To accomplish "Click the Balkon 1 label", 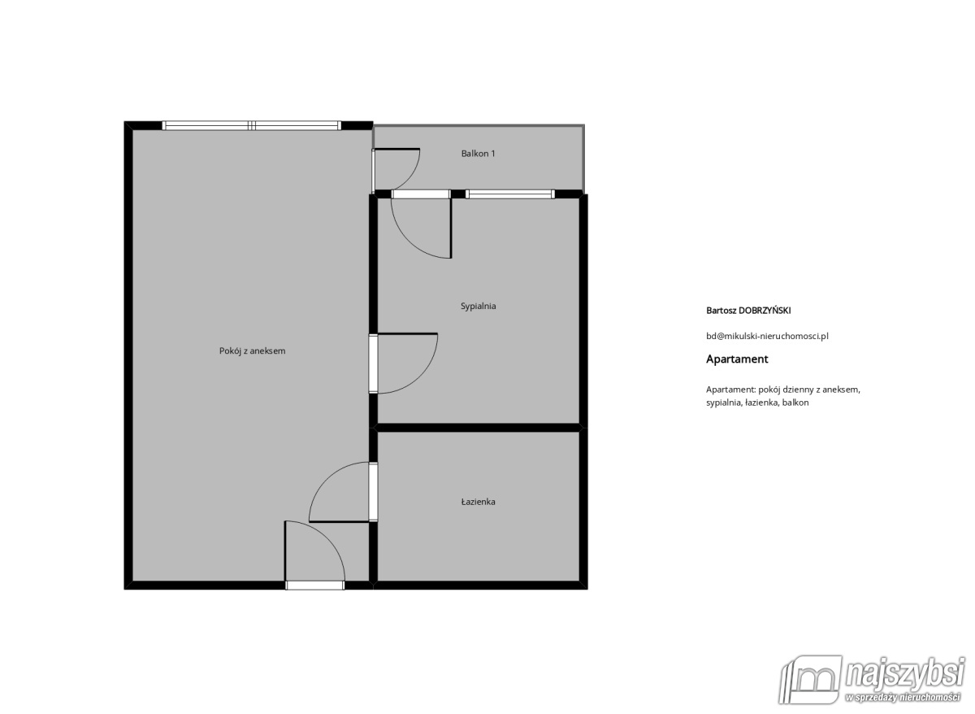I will pos(478,154).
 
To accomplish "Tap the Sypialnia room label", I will pos(478,307).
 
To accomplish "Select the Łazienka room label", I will pos(478,502).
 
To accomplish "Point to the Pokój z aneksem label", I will pos(252,351).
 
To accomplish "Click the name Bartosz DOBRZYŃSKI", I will pos(748,311).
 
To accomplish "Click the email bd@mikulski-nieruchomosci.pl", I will pos(767,336).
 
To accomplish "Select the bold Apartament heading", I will pos(737,359).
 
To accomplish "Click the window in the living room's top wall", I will pos(252,126).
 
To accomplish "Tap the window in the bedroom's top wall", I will pos(509,194).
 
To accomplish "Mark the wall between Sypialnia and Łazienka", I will pos(478,427).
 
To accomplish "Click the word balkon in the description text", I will pos(795,403).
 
